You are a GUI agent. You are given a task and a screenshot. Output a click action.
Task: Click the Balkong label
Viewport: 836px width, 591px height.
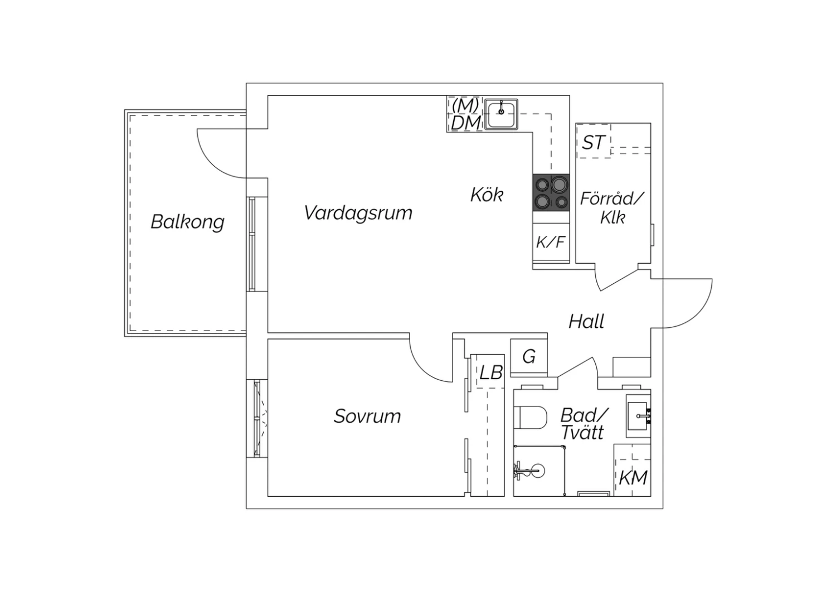point(187,222)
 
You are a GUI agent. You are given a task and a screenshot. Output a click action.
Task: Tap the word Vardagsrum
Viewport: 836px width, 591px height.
point(358,212)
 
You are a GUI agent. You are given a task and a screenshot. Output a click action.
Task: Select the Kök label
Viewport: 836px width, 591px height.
point(487,195)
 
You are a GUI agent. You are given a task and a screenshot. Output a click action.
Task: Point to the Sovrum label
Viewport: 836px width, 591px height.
point(367,416)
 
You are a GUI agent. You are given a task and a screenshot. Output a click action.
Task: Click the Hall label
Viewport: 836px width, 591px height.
point(586,321)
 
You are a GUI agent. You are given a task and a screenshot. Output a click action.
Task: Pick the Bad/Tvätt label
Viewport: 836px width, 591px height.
point(584,424)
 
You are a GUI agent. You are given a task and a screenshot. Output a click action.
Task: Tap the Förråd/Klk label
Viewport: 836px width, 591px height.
point(612,207)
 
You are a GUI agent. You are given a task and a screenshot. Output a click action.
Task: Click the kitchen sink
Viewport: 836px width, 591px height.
point(501,114)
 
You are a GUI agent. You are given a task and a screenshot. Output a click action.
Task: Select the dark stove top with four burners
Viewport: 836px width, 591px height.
point(551,192)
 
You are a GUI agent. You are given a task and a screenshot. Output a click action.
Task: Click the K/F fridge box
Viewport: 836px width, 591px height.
point(551,243)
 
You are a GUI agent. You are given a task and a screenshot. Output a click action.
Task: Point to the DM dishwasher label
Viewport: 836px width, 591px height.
point(465,123)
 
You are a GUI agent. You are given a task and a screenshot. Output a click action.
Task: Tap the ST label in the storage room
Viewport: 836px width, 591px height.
point(592,143)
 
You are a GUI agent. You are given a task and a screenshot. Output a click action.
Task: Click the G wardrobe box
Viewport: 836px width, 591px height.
point(529,356)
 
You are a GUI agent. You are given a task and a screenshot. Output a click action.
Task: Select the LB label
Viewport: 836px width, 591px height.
point(491,372)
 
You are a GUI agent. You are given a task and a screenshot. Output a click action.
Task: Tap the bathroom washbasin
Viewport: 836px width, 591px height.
point(639,416)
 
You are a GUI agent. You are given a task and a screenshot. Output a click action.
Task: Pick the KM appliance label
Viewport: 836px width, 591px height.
point(633,477)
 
